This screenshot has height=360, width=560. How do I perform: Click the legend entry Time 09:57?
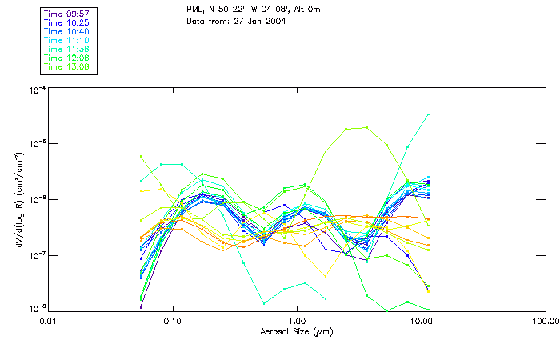click(x=67, y=14)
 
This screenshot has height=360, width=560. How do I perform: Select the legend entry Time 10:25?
click(x=67, y=22)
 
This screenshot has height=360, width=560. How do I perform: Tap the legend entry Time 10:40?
click(x=67, y=31)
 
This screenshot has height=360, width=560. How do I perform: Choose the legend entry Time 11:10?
click(x=67, y=40)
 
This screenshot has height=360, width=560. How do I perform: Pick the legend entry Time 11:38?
click(x=67, y=49)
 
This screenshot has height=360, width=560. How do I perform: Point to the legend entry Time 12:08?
click(x=67, y=58)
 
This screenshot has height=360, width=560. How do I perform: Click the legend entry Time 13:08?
click(x=67, y=66)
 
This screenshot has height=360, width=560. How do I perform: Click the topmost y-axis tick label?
click(x=37, y=90)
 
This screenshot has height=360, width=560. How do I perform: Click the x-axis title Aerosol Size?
click(x=297, y=331)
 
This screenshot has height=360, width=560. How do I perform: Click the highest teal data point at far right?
click(x=429, y=114)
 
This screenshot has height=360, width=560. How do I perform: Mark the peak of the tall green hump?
click(x=366, y=127)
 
